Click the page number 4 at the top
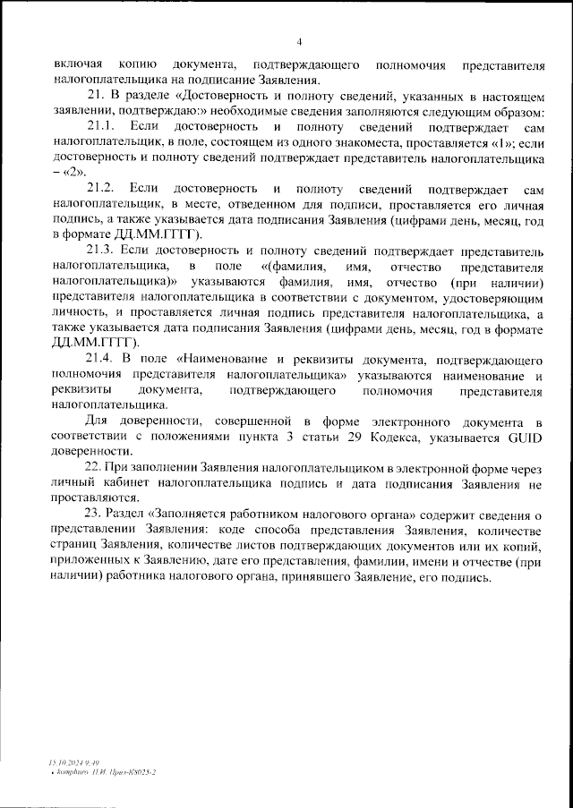(299, 41)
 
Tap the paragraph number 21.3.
(100, 251)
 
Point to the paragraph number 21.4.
(100, 360)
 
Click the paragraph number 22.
(93, 468)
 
